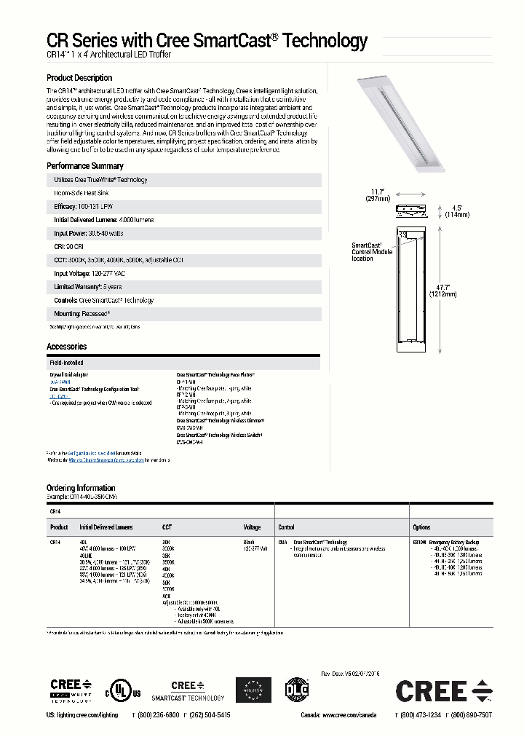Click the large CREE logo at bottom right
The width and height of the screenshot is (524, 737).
(x=443, y=691)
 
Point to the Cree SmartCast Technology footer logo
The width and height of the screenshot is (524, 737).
(x=188, y=690)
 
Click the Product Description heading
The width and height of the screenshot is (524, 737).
(x=79, y=78)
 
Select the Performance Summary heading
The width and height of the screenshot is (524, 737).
(x=84, y=166)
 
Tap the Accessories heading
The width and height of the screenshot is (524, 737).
(x=66, y=347)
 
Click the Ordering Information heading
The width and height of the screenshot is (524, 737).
(x=81, y=488)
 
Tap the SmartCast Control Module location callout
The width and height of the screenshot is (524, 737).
(x=372, y=252)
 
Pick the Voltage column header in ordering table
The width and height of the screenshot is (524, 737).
(x=251, y=527)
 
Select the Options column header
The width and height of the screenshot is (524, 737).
(x=421, y=527)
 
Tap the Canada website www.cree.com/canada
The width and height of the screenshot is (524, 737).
(x=349, y=716)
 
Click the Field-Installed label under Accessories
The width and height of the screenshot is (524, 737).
(x=66, y=362)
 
